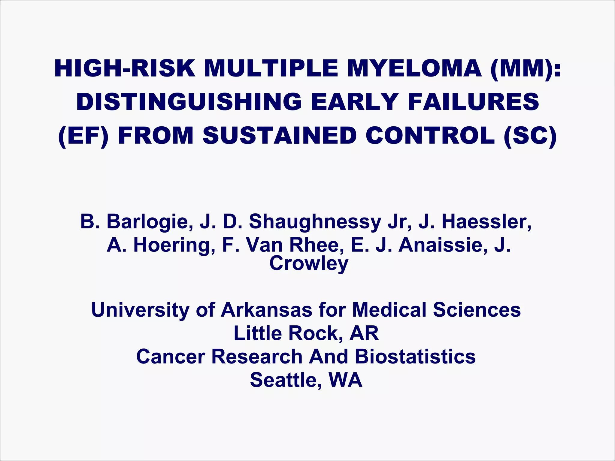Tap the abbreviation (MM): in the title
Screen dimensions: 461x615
525,68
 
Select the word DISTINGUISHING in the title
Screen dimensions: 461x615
189,102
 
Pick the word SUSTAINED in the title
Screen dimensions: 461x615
279,136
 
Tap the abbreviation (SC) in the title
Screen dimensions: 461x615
530,136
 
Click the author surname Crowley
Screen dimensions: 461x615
309,263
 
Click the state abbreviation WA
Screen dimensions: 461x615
345,380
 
